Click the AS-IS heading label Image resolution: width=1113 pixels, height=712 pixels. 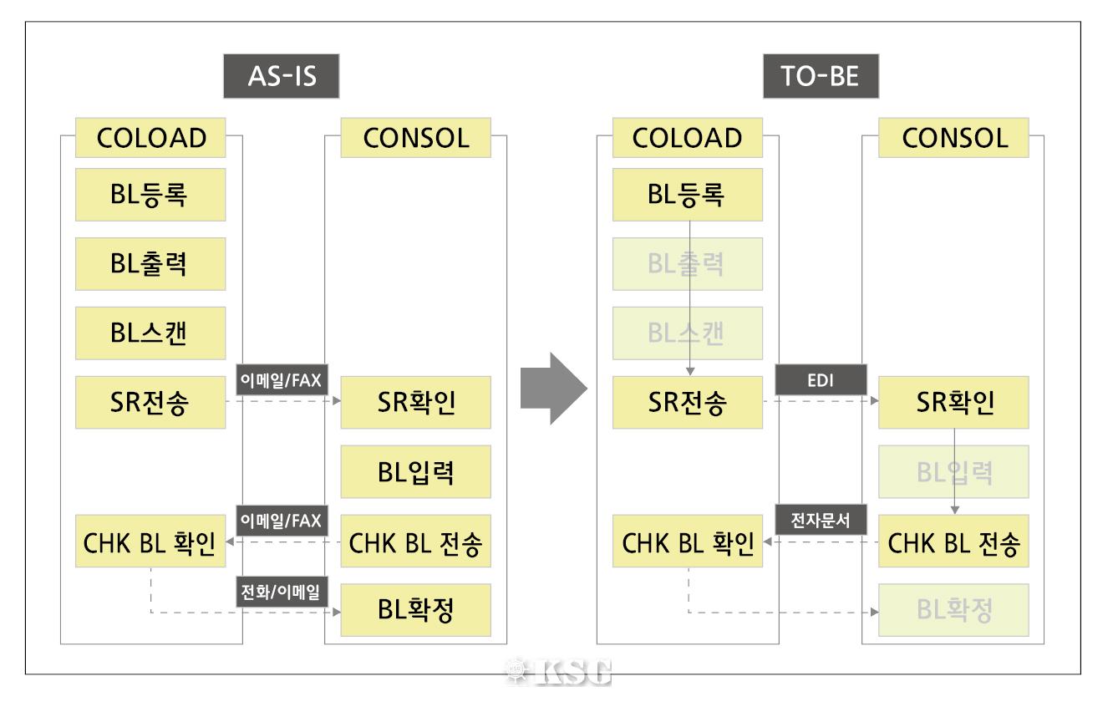coord(275,78)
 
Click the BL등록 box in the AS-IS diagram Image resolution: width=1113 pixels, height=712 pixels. coord(150,195)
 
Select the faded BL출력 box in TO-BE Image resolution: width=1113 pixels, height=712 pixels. coord(687,264)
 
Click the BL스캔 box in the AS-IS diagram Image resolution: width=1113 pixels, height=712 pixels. coord(150,333)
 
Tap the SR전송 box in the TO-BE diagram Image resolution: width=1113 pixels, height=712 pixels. coord(687,403)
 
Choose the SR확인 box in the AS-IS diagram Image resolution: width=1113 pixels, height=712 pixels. coord(416,403)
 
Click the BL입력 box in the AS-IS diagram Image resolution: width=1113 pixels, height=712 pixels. coord(416,472)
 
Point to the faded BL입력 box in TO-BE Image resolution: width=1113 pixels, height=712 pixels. coord(953,472)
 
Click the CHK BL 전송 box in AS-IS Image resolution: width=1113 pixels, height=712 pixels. coord(416,542)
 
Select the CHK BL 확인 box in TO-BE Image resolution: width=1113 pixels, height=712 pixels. coord(687,542)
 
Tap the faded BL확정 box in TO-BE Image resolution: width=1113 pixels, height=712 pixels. coord(953,611)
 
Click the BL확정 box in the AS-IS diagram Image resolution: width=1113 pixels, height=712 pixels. coord(416,611)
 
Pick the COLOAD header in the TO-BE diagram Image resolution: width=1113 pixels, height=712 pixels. coord(687,138)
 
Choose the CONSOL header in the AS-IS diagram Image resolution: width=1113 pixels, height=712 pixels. coord(416,138)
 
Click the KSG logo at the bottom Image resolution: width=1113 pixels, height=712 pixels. coord(557,671)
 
